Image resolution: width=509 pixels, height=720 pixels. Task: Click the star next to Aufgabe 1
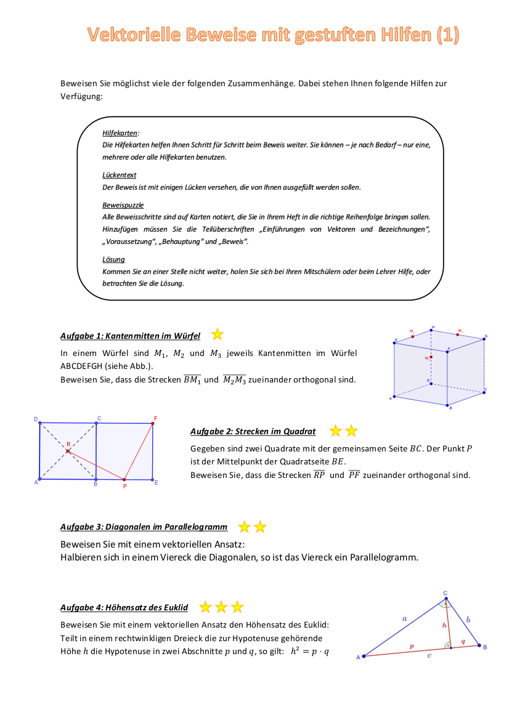(x=218, y=334)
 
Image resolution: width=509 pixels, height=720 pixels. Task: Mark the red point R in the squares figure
(x=68, y=451)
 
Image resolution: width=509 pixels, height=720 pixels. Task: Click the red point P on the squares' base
(x=124, y=479)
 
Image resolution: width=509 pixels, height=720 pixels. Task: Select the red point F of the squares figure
(x=153, y=424)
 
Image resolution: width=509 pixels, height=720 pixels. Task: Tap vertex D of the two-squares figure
(x=39, y=424)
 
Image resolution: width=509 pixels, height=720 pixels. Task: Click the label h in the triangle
(x=444, y=624)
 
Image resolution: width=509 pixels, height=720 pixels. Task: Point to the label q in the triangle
(x=463, y=641)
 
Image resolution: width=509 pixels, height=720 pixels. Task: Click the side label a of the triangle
(x=404, y=617)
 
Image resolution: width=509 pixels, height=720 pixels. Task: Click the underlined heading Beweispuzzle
(x=123, y=204)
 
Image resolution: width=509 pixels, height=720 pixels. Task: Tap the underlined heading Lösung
(x=113, y=259)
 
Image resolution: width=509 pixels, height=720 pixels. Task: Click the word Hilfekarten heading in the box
(x=120, y=132)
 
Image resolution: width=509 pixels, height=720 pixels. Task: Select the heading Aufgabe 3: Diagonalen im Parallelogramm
(x=144, y=527)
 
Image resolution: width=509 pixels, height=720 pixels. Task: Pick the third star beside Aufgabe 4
(x=237, y=607)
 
